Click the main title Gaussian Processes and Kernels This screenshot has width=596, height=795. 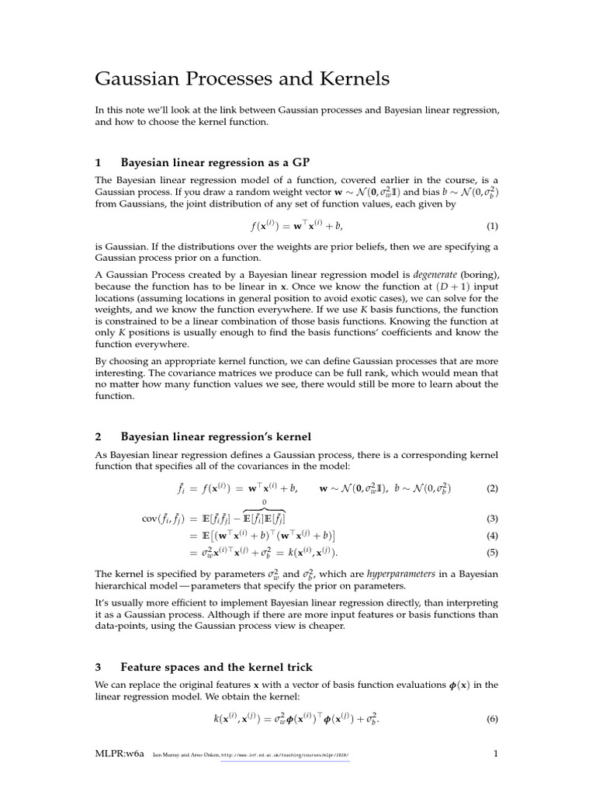point(242,78)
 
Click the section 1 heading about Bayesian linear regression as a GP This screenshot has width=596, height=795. point(215,162)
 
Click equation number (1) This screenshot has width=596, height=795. point(491,227)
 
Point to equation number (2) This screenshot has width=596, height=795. point(491,489)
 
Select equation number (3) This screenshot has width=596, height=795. point(491,519)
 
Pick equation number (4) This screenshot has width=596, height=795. point(491,536)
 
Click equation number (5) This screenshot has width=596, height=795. point(491,553)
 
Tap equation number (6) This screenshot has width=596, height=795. point(491,719)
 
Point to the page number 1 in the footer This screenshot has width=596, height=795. point(495,754)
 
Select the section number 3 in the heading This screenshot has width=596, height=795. point(98,667)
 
